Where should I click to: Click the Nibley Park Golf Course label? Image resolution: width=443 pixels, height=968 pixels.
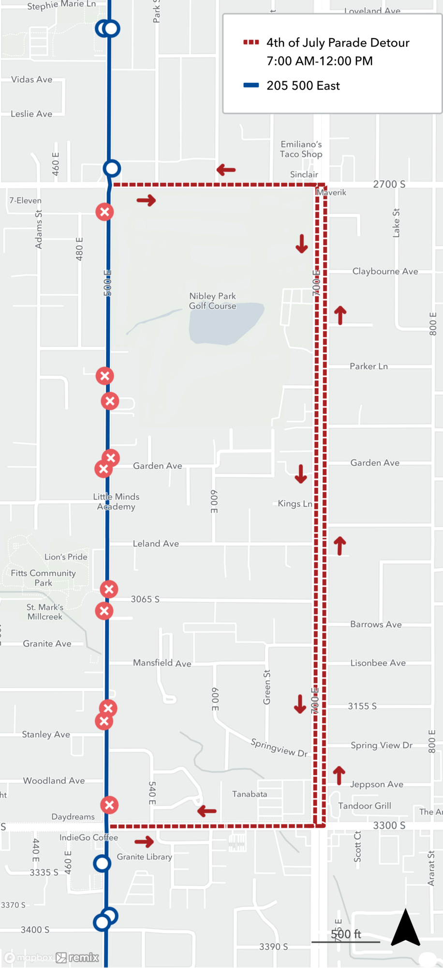[212, 301]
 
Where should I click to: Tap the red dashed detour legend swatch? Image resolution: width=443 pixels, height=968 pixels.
[251, 43]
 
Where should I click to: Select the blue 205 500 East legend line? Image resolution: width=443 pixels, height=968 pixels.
[251, 86]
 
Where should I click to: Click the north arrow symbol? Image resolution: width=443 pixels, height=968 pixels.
[405, 927]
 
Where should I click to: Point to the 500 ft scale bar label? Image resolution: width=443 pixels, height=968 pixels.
[346, 934]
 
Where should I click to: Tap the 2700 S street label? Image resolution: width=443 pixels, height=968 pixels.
[389, 184]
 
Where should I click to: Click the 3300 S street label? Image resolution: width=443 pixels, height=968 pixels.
[389, 826]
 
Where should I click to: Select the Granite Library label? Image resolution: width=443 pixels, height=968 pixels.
[144, 857]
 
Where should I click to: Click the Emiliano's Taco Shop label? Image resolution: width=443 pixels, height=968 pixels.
[301, 149]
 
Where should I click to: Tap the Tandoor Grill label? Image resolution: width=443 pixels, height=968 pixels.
[364, 806]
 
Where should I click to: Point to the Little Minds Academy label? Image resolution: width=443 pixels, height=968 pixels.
[116, 501]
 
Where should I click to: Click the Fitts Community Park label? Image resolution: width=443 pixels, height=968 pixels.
[43, 578]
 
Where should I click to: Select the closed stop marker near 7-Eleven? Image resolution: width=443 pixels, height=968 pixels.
[104, 212]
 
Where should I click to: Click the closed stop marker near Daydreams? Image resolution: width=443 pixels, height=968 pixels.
[109, 805]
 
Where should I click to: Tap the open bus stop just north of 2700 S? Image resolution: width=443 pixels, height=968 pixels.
[112, 168]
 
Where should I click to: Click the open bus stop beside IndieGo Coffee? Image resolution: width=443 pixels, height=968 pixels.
[102, 863]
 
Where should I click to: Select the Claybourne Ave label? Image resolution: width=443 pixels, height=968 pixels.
[385, 271]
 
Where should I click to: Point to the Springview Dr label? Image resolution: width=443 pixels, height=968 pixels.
[279, 747]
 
